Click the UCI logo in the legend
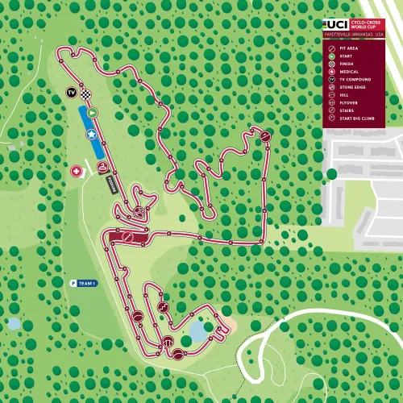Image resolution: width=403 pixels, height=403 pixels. (x=332, y=25)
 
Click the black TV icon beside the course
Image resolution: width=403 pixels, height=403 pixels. (x=72, y=92)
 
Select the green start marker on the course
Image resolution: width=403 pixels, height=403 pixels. (x=92, y=113)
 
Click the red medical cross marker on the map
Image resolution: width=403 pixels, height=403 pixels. (x=77, y=172)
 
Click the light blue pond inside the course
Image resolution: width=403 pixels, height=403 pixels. (x=197, y=330)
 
